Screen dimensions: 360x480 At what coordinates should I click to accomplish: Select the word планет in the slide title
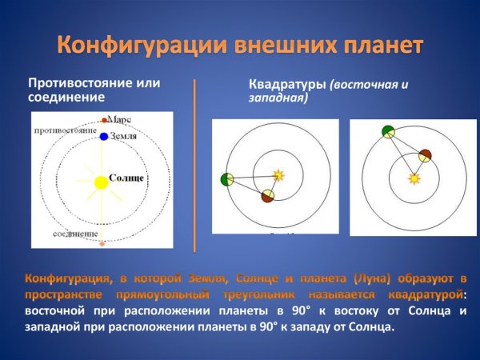pyautogui.click(x=377, y=45)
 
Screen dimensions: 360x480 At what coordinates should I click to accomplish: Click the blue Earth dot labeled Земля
pyautogui.click(x=103, y=137)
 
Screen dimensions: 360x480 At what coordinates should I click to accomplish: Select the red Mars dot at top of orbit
pyautogui.click(x=103, y=120)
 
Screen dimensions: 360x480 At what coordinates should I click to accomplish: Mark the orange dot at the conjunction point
pyautogui.click(x=102, y=242)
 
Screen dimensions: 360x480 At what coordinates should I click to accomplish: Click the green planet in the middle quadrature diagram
pyautogui.click(x=226, y=179)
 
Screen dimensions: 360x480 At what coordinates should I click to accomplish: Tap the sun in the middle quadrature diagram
pyautogui.click(x=278, y=174)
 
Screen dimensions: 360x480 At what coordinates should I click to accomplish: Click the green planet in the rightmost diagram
pyautogui.click(x=388, y=132)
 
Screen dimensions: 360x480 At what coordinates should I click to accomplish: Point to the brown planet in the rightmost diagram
pyautogui.click(x=425, y=155)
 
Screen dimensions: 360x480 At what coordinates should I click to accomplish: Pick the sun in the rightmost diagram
pyautogui.click(x=414, y=178)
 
